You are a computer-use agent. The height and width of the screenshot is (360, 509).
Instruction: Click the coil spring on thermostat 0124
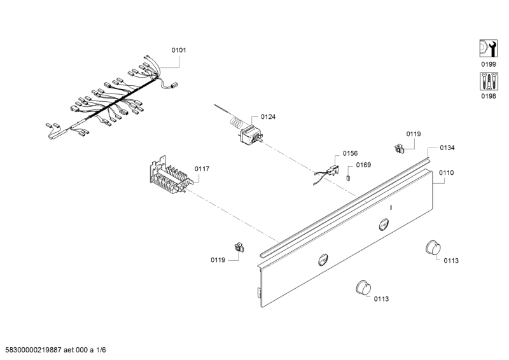[235, 120]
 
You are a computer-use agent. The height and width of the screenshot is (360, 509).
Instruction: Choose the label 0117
[202, 169]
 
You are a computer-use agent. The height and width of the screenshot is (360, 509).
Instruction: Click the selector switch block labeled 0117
[169, 175]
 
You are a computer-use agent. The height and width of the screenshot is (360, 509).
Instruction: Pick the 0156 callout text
[350, 153]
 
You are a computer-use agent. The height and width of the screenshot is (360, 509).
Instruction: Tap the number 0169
[363, 165]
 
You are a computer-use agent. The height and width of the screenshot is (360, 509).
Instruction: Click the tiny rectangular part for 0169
[349, 177]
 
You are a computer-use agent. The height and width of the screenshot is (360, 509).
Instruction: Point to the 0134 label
[447, 148]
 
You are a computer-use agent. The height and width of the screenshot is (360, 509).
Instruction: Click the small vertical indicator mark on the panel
[391, 208]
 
